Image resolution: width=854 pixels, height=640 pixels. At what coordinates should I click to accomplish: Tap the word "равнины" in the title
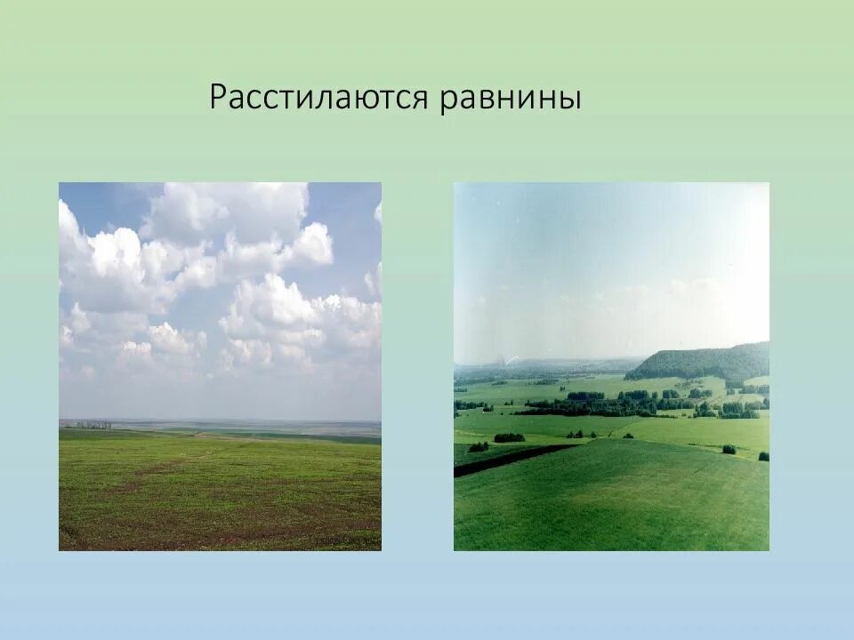tap(511, 99)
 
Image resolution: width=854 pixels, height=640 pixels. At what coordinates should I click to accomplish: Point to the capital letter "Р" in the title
tap(218, 97)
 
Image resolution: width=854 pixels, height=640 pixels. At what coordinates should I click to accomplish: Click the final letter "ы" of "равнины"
tap(570, 100)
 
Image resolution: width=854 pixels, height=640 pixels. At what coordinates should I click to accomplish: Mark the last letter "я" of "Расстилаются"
tap(421, 100)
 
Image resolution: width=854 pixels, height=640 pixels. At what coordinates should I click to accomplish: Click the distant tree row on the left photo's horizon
tap(93, 425)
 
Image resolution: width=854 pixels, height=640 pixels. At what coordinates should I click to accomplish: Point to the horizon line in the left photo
tap(222, 421)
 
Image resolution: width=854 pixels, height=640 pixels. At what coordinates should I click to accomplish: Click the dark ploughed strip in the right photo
tap(512, 460)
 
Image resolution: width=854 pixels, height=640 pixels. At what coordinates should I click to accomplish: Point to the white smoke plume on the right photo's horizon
tap(510, 359)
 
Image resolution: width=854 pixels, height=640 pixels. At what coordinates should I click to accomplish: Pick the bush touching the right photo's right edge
tap(764, 456)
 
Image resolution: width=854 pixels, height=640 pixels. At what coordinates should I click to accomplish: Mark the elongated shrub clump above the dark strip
tap(509, 437)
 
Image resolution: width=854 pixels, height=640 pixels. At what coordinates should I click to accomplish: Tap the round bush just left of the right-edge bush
tap(729, 450)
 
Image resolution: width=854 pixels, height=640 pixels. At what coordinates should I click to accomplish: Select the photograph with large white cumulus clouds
tap(220, 366)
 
